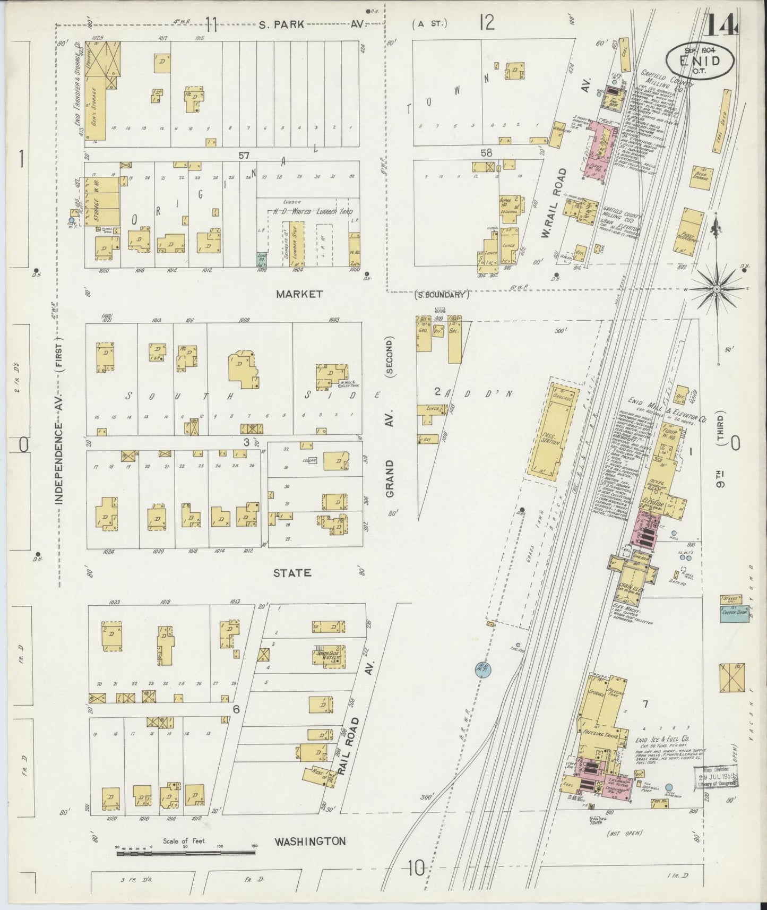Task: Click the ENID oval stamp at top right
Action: pos(701,59)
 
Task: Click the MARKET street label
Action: pos(299,294)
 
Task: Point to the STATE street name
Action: pos(292,573)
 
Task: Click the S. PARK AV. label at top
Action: pos(311,24)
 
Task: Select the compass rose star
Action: pos(717,288)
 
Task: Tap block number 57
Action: pos(244,155)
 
